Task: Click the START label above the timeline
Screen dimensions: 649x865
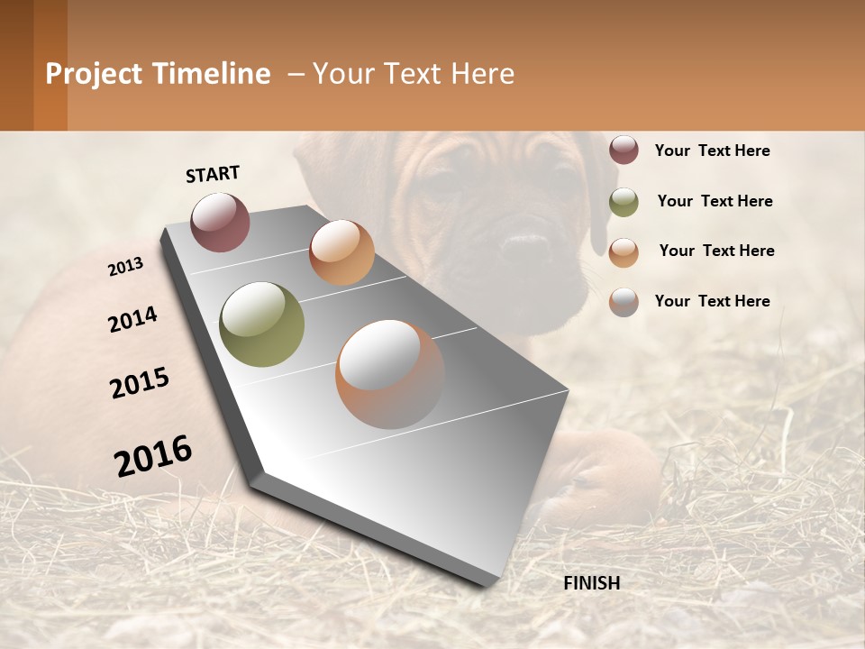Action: (x=213, y=174)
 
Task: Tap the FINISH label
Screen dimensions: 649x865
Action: (x=592, y=583)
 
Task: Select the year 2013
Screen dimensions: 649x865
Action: (x=125, y=267)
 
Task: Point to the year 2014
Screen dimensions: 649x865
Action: (x=132, y=320)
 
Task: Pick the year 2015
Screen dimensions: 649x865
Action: (x=140, y=383)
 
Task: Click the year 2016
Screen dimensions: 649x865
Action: (x=153, y=456)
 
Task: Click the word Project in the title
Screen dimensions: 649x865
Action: (x=95, y=74)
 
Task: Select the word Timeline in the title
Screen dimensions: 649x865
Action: (x=212, y=74)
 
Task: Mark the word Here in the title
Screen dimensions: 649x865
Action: (x=483, y=74)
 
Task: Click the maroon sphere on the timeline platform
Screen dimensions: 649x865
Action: (x=220, y=222)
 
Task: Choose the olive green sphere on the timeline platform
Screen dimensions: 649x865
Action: (x=262, y=324)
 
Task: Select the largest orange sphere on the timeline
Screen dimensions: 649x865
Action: (x=390, y=374)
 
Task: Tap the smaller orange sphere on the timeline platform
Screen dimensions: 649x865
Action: (x=341, y=252)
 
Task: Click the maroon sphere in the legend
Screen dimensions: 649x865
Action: (x=624, y=151)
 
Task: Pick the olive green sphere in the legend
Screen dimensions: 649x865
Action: (x=624, y=202)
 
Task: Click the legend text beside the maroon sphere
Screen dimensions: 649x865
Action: (x=712, y=151)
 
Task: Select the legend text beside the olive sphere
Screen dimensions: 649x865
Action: (x=715, y=201)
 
